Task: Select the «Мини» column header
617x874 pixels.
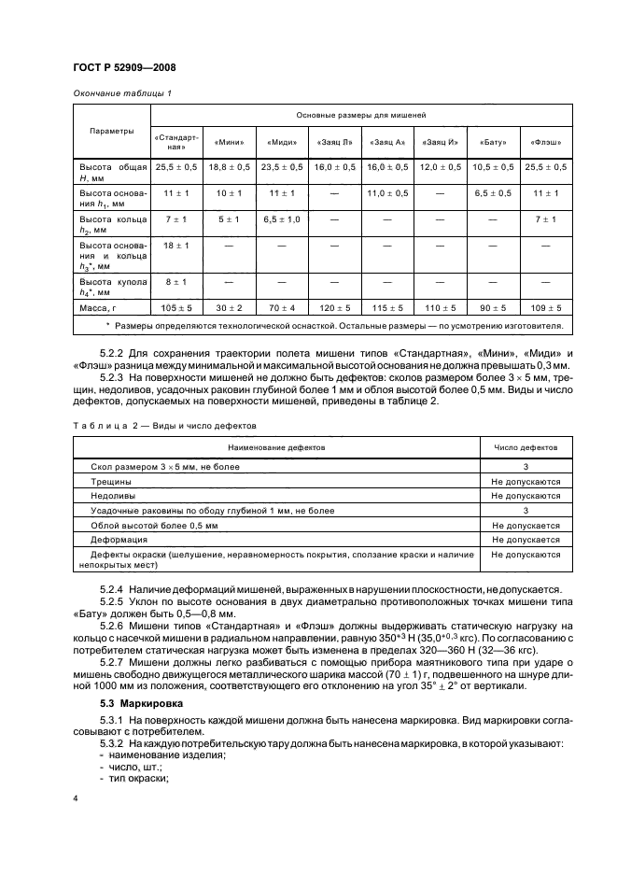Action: point(229,142)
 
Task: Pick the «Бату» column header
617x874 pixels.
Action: point(493,142)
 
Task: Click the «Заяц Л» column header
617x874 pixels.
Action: point(333,142)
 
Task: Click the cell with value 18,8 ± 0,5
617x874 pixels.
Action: point(229,166)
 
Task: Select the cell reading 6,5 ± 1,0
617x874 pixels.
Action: point(281,219)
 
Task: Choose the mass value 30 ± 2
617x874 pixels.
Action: point(229,306)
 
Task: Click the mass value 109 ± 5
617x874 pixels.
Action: point(546,306)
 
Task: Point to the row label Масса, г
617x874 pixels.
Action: point(102,306)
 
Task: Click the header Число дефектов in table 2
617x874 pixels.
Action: point(526,447)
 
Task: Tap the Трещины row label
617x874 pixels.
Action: point(111,481)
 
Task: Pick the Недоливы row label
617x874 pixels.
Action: point(113,496)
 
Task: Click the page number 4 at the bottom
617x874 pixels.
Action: point(76,799)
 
